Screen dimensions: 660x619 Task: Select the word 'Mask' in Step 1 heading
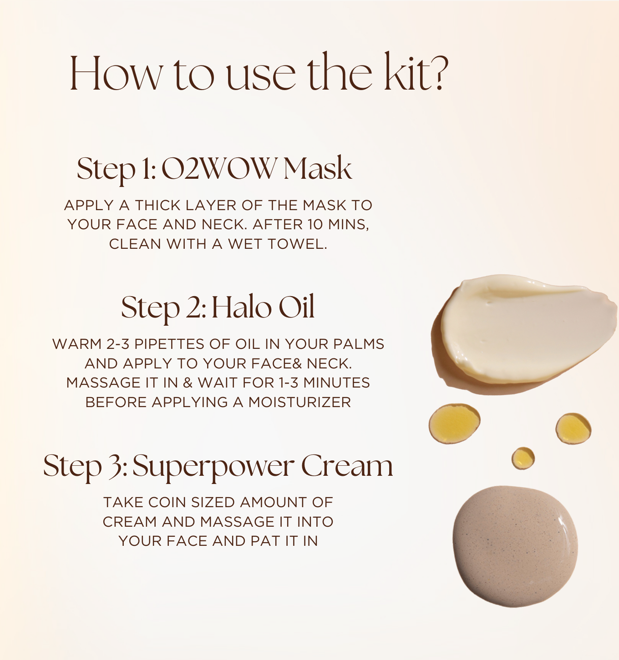pos(317,168)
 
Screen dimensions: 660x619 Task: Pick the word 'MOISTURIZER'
pos(299,403)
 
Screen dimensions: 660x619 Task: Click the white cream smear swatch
pos(523,330)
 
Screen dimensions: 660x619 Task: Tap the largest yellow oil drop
pos(454,423)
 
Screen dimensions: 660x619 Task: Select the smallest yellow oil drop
pos(523,458)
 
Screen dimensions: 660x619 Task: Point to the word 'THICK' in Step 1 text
pos(158,205)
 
